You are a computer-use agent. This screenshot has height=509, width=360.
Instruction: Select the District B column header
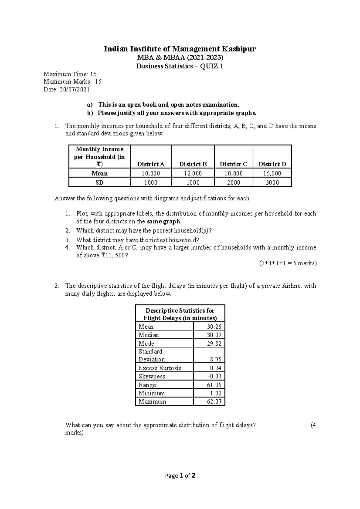click(193, 164)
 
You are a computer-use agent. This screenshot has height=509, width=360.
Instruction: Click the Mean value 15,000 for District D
click(272, 173)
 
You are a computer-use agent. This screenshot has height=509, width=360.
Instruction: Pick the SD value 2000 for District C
click(233, 182)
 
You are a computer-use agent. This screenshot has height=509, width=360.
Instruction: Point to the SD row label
click(99, 182)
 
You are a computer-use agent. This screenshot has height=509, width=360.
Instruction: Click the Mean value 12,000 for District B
click(193, 173)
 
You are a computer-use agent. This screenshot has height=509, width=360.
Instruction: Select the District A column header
click(151, 164)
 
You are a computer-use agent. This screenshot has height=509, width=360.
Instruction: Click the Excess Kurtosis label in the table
click(160, 368)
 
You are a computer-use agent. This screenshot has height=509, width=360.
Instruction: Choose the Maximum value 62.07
click(214, 401)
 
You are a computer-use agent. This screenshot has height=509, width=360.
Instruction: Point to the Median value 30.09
click(214, 335)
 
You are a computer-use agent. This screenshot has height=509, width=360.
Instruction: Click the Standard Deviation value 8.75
click(216, 359)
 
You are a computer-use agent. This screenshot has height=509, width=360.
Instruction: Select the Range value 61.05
click(214, 385)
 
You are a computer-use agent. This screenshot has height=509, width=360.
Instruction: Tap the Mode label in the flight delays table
click(146, 344)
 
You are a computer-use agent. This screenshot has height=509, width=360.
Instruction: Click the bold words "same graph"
click(163, 222)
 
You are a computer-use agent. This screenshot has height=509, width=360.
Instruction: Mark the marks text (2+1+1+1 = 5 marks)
click(288, 263)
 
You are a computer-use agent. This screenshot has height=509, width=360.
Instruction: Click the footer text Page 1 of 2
click(180, 475)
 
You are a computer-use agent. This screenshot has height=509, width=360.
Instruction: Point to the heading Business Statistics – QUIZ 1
click(180, 66)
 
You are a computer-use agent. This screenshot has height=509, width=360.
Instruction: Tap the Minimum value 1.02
click(216, 393)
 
